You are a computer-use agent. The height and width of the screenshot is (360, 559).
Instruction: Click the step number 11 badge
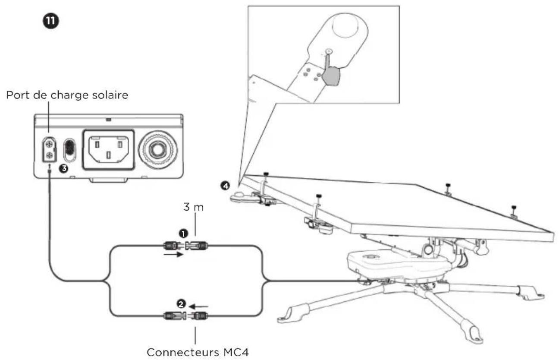[x=51, y=21]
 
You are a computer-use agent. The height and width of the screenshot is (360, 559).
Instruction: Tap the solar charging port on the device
[x=49, y=149]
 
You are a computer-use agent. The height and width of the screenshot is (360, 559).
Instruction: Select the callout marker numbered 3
[x=64, y=168]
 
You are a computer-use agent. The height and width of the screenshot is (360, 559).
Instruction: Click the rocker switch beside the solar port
[x=69, y=150]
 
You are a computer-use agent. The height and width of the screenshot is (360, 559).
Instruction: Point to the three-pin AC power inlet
[x=109, y=150]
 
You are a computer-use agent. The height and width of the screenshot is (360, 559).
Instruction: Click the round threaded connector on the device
[x=158, y=149]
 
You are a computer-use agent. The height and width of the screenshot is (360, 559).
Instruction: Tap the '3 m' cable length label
[x=193, y=207]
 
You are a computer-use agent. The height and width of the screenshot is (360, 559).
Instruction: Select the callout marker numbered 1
[x=183, y=234]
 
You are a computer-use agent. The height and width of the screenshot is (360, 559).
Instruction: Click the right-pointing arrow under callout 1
[x=174, y=255]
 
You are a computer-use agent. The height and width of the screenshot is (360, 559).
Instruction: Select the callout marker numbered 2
[x=181, y=304]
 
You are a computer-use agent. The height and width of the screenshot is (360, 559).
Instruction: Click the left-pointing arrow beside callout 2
[x=199, y=306]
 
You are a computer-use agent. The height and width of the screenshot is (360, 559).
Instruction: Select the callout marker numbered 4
[x=225, y=186]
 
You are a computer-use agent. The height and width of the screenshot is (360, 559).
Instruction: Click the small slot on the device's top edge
[x=109, y=120]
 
